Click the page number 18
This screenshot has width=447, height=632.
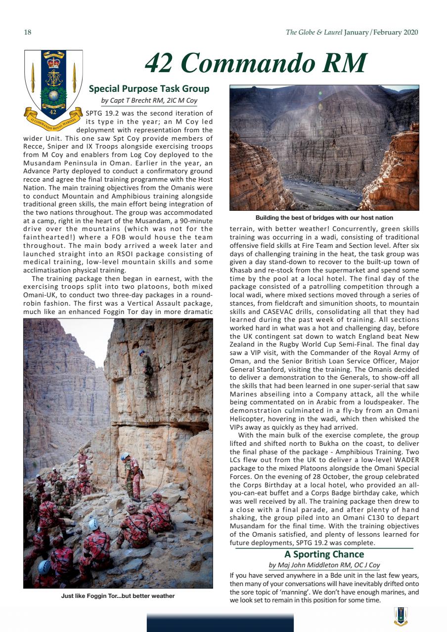(x=28, y=33)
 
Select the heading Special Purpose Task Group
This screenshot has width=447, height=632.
(x=149, y=89)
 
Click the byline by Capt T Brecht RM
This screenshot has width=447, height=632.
(x=149, y=101)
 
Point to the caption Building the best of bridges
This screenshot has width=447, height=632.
(x=324, y=218)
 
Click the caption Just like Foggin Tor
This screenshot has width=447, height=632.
(x=118, y=596)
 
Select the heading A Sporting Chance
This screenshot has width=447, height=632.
(x=324, y=554)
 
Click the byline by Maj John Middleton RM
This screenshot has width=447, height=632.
(x=324, y=565)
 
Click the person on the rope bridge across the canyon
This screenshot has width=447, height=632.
(x=334, y=143)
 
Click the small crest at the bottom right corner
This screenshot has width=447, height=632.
(x=401, y=616)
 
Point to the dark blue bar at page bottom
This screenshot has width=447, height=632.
(x=220, y=623)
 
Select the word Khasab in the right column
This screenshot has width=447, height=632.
(x=241, y=271)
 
